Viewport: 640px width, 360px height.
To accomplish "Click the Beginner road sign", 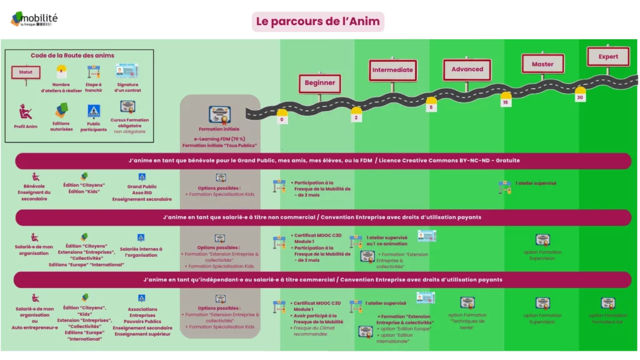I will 319,83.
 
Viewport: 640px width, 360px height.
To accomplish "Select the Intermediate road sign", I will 392,70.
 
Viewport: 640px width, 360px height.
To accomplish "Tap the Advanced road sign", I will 467,69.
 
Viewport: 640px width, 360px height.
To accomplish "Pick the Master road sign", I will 542,64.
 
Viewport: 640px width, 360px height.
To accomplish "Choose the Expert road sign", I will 608,56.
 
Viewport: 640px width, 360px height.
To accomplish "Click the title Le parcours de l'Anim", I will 317,21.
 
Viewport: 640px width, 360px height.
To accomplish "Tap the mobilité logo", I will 32,19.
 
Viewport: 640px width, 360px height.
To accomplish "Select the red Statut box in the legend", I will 26,72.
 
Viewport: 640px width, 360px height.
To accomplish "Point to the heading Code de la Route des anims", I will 72,56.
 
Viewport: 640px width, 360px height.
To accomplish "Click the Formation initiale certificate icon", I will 219,115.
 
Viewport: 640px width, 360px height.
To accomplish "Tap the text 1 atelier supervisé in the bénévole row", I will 536,183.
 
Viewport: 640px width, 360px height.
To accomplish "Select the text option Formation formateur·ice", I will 607,319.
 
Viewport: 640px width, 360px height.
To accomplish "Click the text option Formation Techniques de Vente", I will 466,321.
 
